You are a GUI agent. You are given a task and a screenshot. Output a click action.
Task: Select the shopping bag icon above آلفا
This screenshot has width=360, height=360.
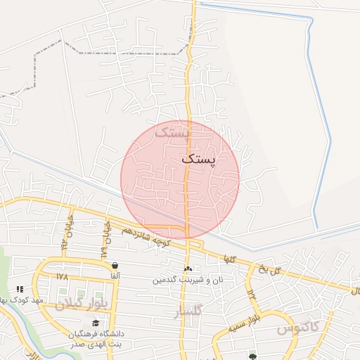coord(115,265)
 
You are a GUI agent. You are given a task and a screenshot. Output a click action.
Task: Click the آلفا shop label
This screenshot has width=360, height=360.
coord(115,276)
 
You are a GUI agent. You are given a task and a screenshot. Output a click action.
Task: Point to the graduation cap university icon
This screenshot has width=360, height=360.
coord(96,323)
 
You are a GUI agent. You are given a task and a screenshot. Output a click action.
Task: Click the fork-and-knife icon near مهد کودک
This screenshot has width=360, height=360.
coord(20,289)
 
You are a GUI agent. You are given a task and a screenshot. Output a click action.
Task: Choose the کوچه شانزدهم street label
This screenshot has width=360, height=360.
coord(145,236)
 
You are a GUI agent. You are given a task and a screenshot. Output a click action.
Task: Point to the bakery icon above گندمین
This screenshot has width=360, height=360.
coord(188,269)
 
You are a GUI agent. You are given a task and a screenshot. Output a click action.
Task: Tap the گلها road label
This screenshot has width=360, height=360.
coord(229,259)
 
